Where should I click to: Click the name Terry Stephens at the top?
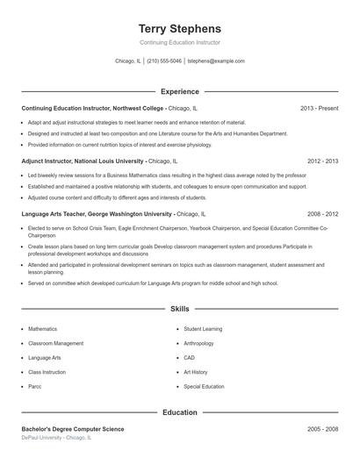coord(180,28)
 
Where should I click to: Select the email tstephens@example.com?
coord(216,61)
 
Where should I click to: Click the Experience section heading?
coord(180,91)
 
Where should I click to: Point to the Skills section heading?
coord(180,309)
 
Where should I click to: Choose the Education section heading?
coord(180,412)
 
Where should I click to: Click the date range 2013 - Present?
coord(319,108)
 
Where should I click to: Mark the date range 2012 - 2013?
coord(323,161)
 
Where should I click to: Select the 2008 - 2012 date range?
coord(323,213)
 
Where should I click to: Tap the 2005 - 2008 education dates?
coord(323,429)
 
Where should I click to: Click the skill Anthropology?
coord(198,343)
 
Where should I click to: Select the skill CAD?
coord(189,358)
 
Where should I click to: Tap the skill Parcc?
coord(35,386)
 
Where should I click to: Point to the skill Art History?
coord(196,372)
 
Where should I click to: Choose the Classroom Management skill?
coord(55,343)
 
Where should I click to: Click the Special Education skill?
coord(204,386)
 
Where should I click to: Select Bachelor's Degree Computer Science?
coord(73,429)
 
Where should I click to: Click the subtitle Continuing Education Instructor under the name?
coord(180,42)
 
